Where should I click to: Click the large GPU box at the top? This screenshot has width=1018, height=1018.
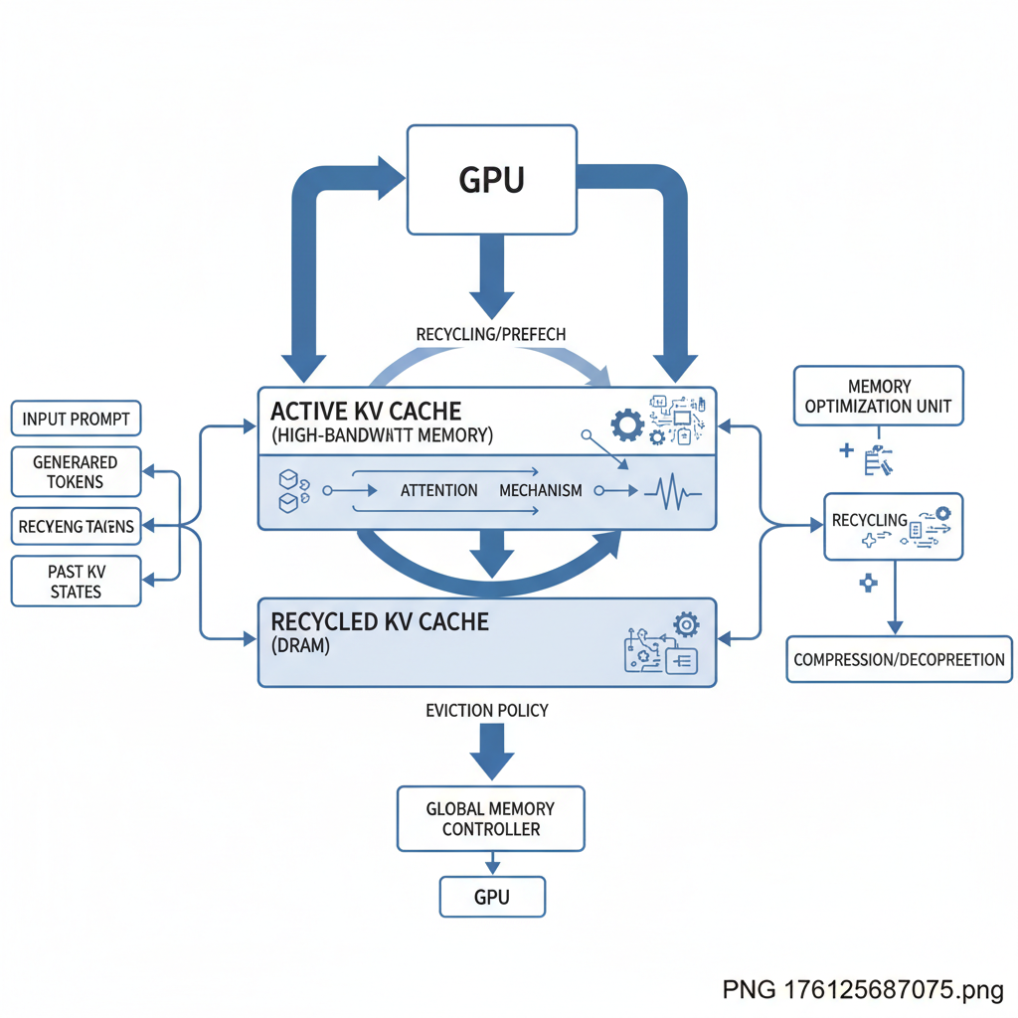(492, 179)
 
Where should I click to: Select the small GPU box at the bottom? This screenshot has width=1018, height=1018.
(492, 897)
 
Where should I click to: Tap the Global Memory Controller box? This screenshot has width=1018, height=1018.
(491, 818)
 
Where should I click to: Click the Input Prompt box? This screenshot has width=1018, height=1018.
(76, 419)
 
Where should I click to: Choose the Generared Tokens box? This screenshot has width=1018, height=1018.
(76, 472)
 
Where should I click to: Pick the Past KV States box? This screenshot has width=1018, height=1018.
(76, 582)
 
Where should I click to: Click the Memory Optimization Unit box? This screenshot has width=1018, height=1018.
(879, 396)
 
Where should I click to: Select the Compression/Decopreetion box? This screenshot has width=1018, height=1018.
(899, 659)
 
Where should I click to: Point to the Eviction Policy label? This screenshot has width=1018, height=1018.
(487, 711)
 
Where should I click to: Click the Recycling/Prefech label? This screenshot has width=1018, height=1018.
(491, 334)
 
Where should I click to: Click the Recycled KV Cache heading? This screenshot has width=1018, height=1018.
(380, 621)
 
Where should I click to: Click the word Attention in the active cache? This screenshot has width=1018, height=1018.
(438, 490)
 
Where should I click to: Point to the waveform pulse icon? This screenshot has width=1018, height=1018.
(674, 490)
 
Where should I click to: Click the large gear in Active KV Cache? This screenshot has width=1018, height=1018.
(627, 425)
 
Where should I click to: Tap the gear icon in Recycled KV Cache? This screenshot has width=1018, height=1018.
(685, 624)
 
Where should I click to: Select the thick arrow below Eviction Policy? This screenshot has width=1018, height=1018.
(491, 753)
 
